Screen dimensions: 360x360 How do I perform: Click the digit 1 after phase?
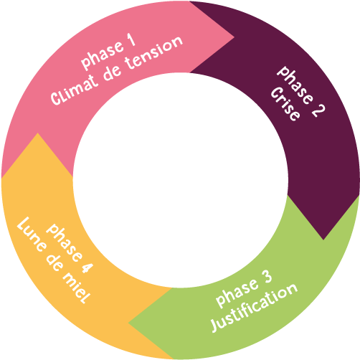click(x=132, y=40)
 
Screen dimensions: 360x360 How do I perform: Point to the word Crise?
click(x=285, y=104)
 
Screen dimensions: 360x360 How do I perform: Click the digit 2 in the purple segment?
click(x=318, y=110)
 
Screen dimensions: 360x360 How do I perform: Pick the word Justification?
click(x=254, y=308)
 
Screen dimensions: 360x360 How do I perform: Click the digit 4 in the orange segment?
click(x=86, y=267)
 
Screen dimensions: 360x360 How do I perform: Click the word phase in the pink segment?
click(x=103, y=55)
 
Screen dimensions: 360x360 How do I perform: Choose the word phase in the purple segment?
click(x=295, y=85)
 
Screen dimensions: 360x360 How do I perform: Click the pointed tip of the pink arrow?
click(x=234, y=37)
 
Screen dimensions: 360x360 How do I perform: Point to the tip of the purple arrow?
click(x=323, y=240)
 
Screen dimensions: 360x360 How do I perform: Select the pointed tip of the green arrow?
click(x=128, y=323)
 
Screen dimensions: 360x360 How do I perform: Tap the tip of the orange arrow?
click(x=37, y=133)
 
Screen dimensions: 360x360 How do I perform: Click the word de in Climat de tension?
click(x=112, y=72)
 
